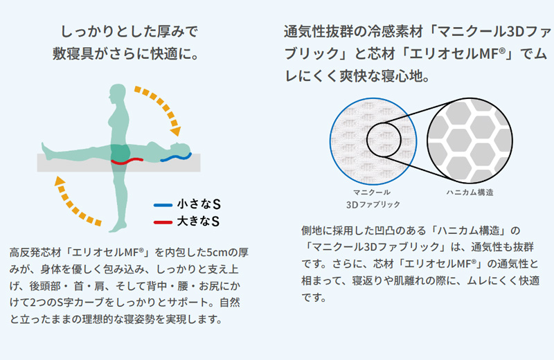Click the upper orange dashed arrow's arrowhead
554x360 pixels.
point(176,131)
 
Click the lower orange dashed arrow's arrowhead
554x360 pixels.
point(60,181)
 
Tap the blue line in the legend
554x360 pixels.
point(163,205)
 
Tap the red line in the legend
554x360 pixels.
point(163,222)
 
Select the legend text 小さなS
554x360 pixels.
point(199,204)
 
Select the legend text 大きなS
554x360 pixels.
point(198,221)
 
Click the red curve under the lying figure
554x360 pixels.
point(127,161)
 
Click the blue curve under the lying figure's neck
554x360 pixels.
point(176,157)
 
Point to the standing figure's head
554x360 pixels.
point(118,93)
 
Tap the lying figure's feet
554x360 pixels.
point(45,151)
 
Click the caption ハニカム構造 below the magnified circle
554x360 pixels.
point(470,192)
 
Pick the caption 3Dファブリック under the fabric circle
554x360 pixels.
point(373,204)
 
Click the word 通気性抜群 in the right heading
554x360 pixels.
point(319,32)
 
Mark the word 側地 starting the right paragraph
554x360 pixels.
point(312,231)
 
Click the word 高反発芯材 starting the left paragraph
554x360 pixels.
point(36,253)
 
